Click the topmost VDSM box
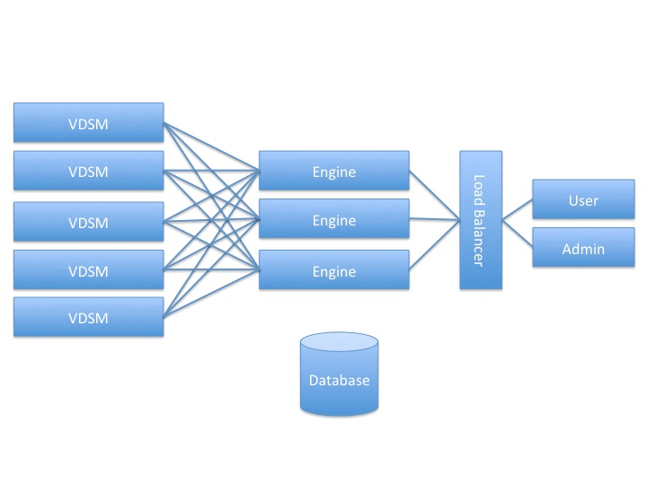(x=89, y=123)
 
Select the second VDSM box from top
(x=89, y=172)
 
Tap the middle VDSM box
(x=89, y=222)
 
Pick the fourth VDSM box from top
(x=89, y=270)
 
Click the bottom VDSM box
(x=89, y=317)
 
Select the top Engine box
(x=333, y=172)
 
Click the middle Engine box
(x=333, y=220)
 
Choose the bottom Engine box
(x=333, y=270)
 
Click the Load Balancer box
(x=480, y=220)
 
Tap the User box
(x=583, y=199)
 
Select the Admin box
(x=583, y=248)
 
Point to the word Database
(x=339, y=380)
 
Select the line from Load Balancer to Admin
(x=517, y=233)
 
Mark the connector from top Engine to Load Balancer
(x=434, y=195)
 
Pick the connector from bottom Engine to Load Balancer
(x=434, y=244)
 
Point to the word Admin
(x=583, y=249)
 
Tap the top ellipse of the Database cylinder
(x=339, y=342)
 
